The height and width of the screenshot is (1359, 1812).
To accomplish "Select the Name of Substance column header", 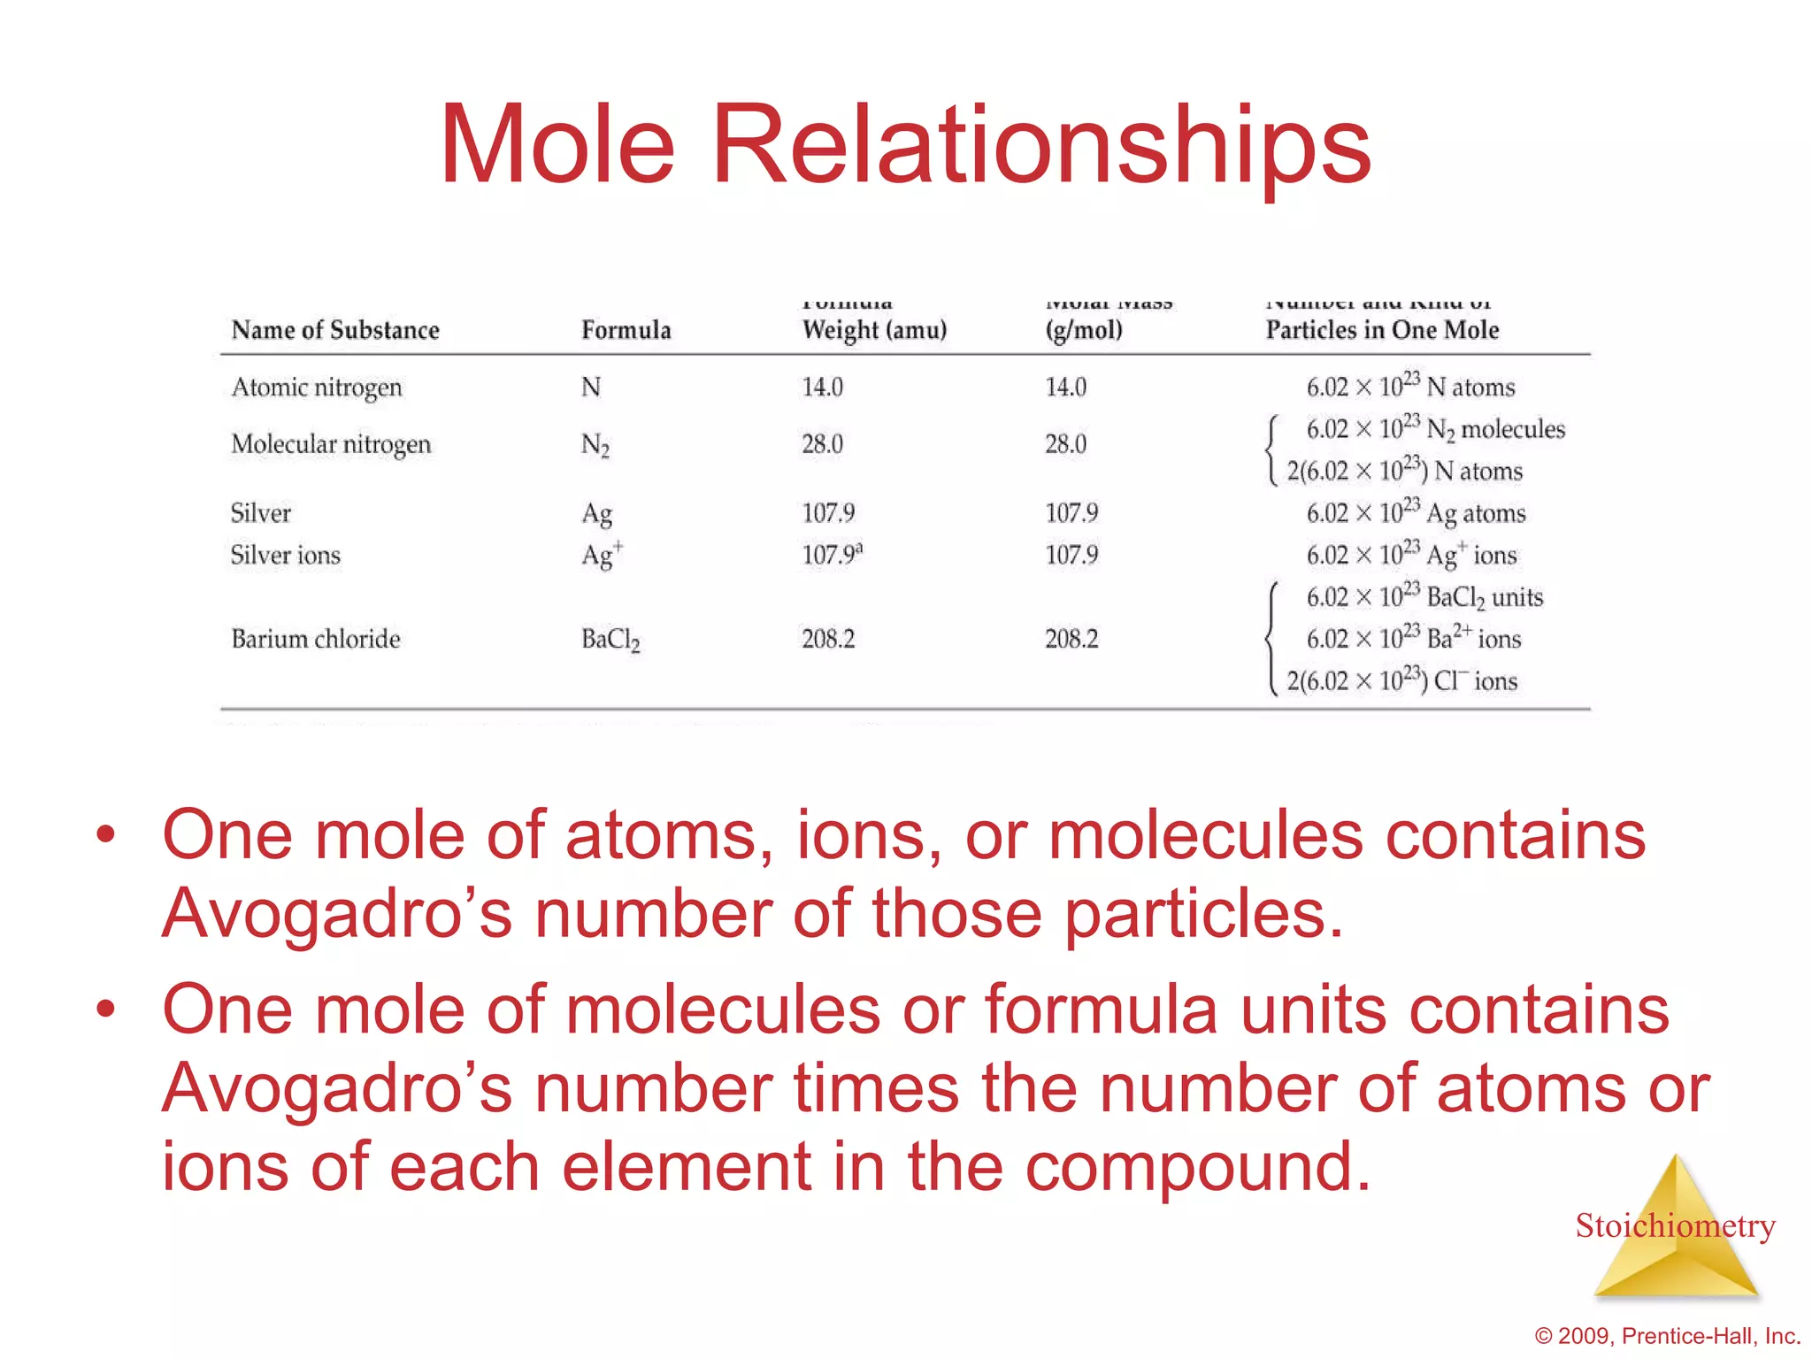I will point(335,330).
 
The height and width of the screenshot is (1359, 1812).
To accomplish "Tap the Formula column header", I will point(626,330).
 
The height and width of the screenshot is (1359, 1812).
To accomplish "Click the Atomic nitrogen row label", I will point(316,388).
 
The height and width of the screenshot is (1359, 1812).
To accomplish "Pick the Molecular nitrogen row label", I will point(331,444).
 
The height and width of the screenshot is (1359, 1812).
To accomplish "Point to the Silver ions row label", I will point(285,556).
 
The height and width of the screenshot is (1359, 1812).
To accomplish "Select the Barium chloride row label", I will point(316,639).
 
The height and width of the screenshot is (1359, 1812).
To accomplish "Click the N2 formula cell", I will point(595,445).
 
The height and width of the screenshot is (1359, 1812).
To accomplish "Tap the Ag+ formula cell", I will point(602,556).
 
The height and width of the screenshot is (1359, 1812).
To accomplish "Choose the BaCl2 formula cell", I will point(610,640).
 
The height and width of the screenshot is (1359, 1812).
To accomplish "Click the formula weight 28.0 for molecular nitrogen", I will point(822,444).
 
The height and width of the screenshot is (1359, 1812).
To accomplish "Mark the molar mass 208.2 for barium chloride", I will point(1071,639).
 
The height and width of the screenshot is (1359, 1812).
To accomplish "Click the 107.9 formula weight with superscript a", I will point(831,555).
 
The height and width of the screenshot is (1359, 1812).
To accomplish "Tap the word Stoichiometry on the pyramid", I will point(1675,1225).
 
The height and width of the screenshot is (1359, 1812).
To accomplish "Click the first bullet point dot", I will point(106,834).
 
